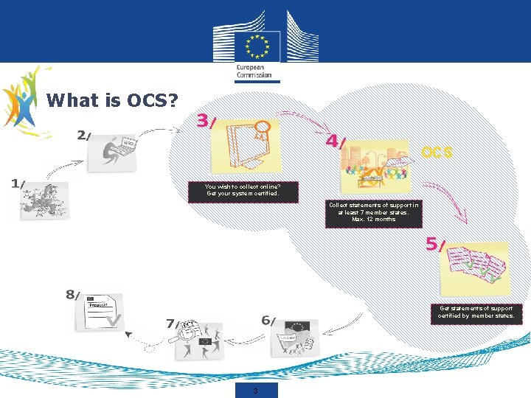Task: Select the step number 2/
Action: tap(84, 135)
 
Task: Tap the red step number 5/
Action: tap(435, 245)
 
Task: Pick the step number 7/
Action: tap(173, 323)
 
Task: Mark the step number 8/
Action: tap(72, 295)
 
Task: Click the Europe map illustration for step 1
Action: tap(44, 201)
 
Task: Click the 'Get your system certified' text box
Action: tap(243, 190)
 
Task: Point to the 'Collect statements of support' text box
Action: tap(373, 212)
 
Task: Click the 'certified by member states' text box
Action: tap(476, 313)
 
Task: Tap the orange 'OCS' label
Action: tap(437, 153)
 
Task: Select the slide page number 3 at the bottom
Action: tap(255, 390)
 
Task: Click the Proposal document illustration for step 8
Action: tap(100, 312)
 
